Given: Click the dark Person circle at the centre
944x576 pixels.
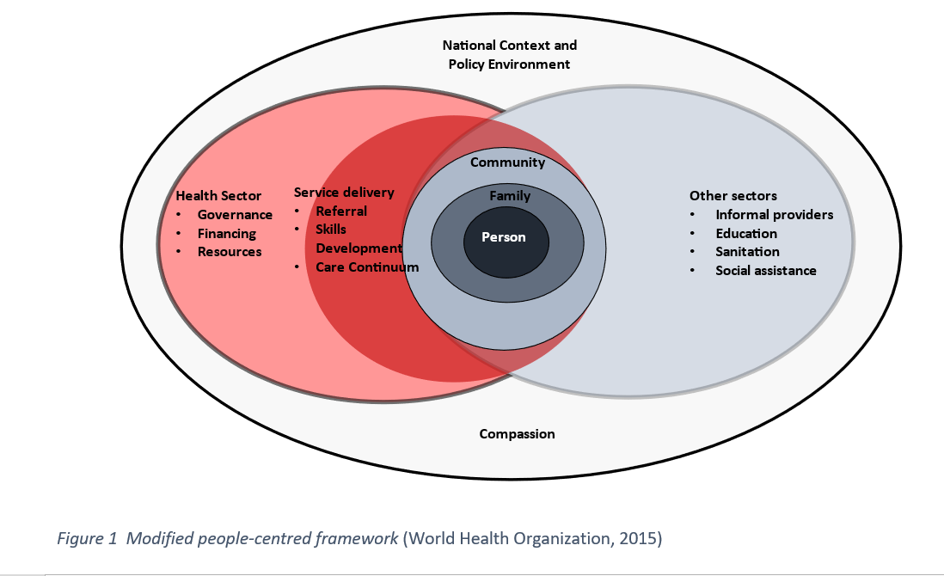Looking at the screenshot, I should pos(503,237).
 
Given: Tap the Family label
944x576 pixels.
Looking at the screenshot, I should pos(510,196).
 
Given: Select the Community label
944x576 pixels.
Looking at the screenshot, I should pos(507,162).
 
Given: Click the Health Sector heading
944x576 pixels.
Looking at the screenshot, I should pos(218,196).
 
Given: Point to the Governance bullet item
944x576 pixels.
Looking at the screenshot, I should pos(235,215).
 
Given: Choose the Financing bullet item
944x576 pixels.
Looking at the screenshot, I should pos(227,233).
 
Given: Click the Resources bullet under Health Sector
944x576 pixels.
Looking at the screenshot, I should pos(230,252).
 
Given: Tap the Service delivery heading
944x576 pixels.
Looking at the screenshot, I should pos(344,193).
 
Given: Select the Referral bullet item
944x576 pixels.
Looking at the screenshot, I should pos(341,211).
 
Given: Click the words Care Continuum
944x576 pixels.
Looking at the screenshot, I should pos(367,267).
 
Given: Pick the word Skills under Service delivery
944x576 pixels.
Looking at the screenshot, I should pos(331,230).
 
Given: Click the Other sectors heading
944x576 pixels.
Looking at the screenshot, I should pos(733,196).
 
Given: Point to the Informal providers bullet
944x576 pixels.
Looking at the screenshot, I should pos(774,215).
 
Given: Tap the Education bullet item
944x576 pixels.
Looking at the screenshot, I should pos(746,233).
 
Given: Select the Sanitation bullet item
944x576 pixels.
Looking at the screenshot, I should pos(747,252).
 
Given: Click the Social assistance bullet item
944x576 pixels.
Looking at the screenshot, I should pos(765,271).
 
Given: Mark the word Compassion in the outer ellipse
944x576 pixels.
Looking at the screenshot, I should pos(517,434).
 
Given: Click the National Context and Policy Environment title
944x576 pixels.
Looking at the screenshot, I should pos(509,54).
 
